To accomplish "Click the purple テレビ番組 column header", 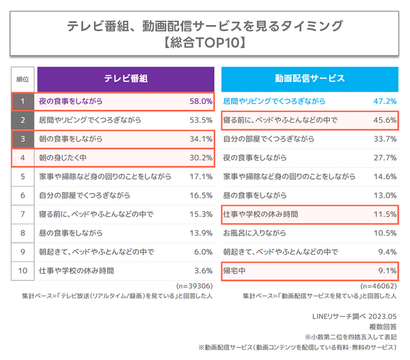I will coord(126,79).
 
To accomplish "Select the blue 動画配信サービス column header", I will coord(309,79).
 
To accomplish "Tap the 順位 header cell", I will coord(23,79).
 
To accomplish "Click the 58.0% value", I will coord(201,101).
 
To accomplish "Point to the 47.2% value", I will coord(385,101).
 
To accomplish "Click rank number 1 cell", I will coord(23,101).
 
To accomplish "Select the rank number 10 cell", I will coord(23,271).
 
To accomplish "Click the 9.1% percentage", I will coord(386,271).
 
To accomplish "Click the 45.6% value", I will coord(385,120).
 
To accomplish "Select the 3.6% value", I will coord(202,271).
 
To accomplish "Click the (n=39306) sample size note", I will coord(194,285).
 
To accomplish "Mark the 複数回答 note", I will coord(383,326).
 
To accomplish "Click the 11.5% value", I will coord(385,214).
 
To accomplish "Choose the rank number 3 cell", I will coord(23,139).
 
